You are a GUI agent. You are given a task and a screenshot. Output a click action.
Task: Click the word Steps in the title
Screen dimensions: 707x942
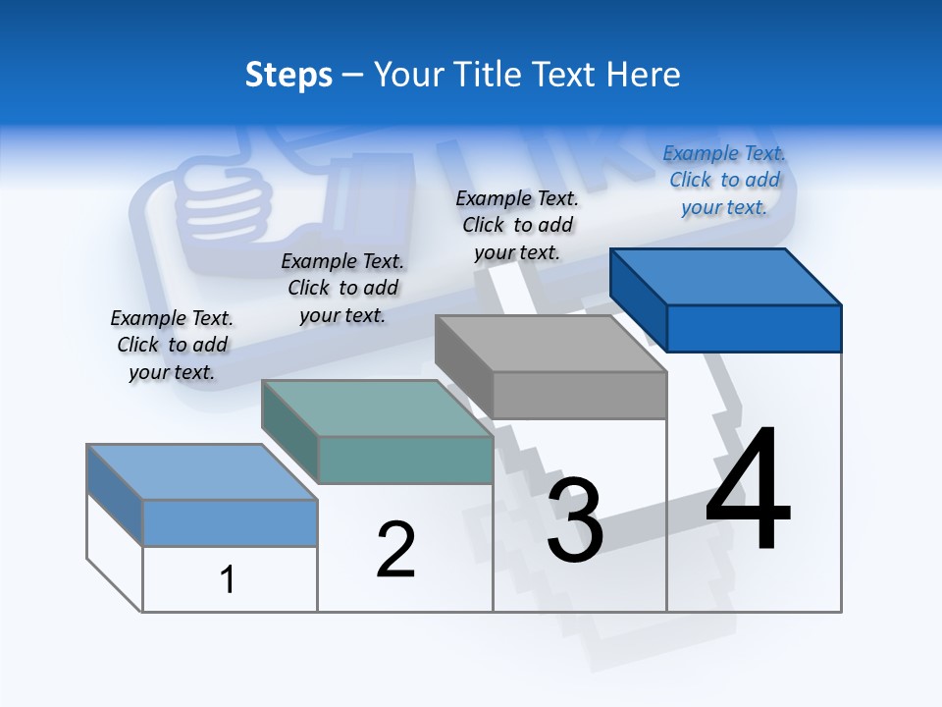tap(288, 75)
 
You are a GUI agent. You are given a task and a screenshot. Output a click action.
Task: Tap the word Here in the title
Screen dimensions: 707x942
tap(644, 75)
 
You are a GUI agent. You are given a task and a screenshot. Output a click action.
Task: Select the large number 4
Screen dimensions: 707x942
tap(748, 491)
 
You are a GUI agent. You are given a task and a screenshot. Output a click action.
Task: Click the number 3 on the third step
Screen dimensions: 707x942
tap(575, 520)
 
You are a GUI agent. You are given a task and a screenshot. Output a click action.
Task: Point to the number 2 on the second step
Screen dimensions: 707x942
tap(395, 550)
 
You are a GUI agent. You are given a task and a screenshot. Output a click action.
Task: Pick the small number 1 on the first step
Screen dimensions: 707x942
tap(228, 579)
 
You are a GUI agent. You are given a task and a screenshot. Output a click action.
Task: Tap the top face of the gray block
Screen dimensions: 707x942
tap(549, 344)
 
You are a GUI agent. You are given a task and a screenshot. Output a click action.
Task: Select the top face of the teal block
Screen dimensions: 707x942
tap(376, 408)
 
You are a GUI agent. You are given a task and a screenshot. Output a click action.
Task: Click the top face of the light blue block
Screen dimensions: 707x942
tap(201, 472)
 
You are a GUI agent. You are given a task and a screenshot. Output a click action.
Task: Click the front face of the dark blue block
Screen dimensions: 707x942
tap(754, 328)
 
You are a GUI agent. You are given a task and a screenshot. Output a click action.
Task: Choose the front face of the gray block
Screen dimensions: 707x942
tap(579, 395)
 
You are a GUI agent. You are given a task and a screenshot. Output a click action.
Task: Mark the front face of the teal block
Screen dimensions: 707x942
tap(405, 460)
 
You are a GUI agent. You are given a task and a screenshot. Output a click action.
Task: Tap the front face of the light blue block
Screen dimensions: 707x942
tap(230, 522)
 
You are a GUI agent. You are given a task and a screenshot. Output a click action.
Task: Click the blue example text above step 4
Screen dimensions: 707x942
tap(724, 180)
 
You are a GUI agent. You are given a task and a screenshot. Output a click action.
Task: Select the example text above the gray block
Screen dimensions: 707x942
tap(517, 225)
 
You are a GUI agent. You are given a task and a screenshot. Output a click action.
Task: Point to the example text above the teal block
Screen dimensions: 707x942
tap(342, 288)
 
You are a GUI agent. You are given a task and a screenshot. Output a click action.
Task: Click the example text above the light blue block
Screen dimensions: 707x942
tap(172, 345)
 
